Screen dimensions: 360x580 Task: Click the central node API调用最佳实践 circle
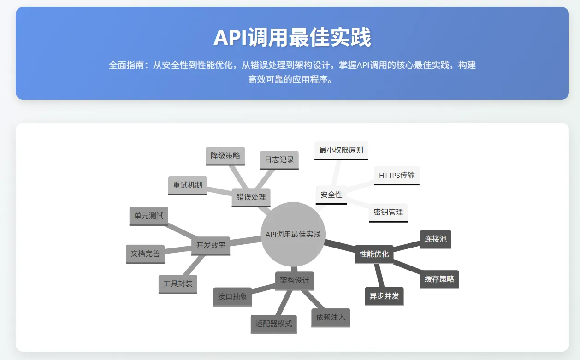293,234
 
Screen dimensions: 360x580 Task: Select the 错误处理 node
251,197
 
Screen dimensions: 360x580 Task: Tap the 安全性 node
331,195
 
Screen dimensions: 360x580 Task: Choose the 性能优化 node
374,254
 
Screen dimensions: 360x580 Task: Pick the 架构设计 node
294,280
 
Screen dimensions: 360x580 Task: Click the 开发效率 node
211,245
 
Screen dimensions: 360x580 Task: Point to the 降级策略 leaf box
225,155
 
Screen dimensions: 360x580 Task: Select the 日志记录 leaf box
279,159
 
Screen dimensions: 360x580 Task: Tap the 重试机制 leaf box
187,185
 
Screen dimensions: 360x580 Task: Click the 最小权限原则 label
341,150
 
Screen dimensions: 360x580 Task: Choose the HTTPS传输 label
397,175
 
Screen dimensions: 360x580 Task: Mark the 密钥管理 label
388,212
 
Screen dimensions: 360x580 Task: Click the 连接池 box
435,239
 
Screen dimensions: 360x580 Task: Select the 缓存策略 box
439,279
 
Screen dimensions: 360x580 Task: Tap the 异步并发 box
384,296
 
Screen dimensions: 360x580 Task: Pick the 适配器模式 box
273,324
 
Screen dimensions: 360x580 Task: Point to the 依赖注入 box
331,317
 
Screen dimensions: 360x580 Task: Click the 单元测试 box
148,215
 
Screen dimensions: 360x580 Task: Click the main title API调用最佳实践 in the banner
292,37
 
